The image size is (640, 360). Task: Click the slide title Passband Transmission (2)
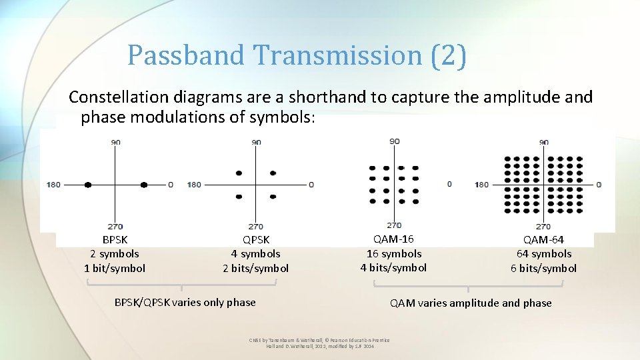(297, 55)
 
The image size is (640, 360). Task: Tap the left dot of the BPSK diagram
(87, 185)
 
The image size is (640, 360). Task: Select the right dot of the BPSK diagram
(143, 185)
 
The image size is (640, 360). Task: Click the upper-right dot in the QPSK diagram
(273, 173)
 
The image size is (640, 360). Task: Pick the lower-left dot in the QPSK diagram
(239, 197)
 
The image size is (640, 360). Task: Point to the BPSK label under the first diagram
(115, 239)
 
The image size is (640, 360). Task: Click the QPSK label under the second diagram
(255, 239)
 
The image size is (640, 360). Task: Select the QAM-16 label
(393, 239)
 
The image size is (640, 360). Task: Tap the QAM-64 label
(543, 239)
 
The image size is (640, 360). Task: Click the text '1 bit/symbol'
(115, 268)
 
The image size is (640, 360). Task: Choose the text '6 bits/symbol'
(543, 268)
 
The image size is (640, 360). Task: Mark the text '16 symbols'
(393, 253)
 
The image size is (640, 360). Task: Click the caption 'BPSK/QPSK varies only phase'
(185, 302)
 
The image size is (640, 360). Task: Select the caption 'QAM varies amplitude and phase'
(471, 303)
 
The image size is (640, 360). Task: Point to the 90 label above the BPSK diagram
(116, 142)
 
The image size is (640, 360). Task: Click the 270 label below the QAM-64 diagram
(543, 227)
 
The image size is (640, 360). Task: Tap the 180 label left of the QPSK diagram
(194, 185)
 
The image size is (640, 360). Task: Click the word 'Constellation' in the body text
(111, 97)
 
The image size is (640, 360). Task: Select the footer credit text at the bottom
(319, 343)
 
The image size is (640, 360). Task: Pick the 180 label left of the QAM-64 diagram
(481, 185)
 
